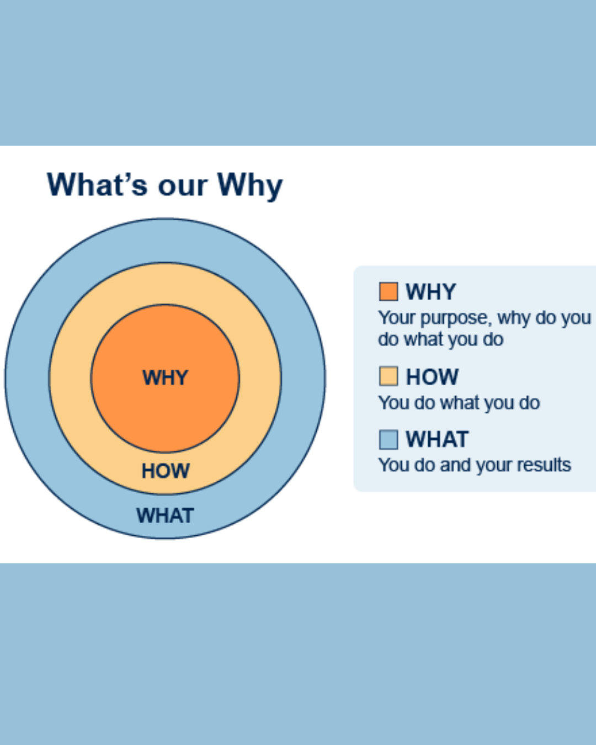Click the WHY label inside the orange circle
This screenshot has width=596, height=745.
pyautogui.click(x=165, y=377)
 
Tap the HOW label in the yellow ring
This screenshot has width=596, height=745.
pyautogui.click(x=166, y=471)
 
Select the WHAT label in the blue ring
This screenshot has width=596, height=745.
pyautogui.click(x=165, y=515)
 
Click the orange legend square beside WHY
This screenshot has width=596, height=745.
pyautogui.click(x=389, y=291)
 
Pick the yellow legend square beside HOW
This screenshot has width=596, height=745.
pyautogui.click(x=389, y=376)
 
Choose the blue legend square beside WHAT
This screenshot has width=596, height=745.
pyautogui.click(x=389, y=440)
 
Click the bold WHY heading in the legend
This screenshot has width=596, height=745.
pyautogui.click(x=431, y=292)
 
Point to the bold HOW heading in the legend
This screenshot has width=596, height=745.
pyautogui.click(x=432, y=377)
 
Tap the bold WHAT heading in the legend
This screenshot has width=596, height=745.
pyautogui.click(x=437, y=439)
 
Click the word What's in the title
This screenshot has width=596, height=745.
pyautogui.click(x=97, y=185)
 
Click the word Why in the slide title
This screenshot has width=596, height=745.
pyautogui.click(x=250, y=187)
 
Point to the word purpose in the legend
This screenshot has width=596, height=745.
pyautogui.click(x=455, y=318)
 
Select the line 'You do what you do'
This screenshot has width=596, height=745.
pyautogui.click(x=459, y=403)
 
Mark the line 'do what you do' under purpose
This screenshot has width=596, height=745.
pyautogui.click(x=440, y=339)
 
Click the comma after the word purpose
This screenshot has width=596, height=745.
pyautogui.click(x=489, y=324)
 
